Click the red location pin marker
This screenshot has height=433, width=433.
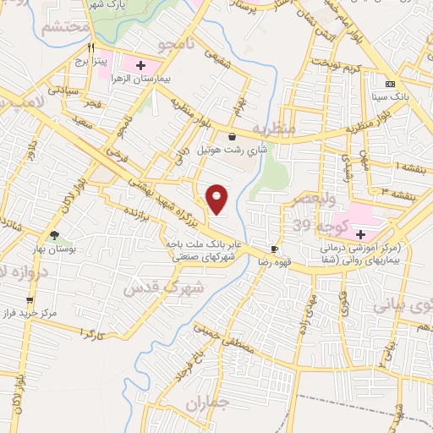tap(217, 198)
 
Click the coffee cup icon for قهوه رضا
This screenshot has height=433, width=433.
tap(274, 249)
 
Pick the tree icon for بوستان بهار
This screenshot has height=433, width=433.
tap(55, 236)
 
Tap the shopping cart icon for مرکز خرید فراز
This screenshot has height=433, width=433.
tap(30, 299)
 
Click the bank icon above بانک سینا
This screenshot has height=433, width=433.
tap(390, 84)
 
